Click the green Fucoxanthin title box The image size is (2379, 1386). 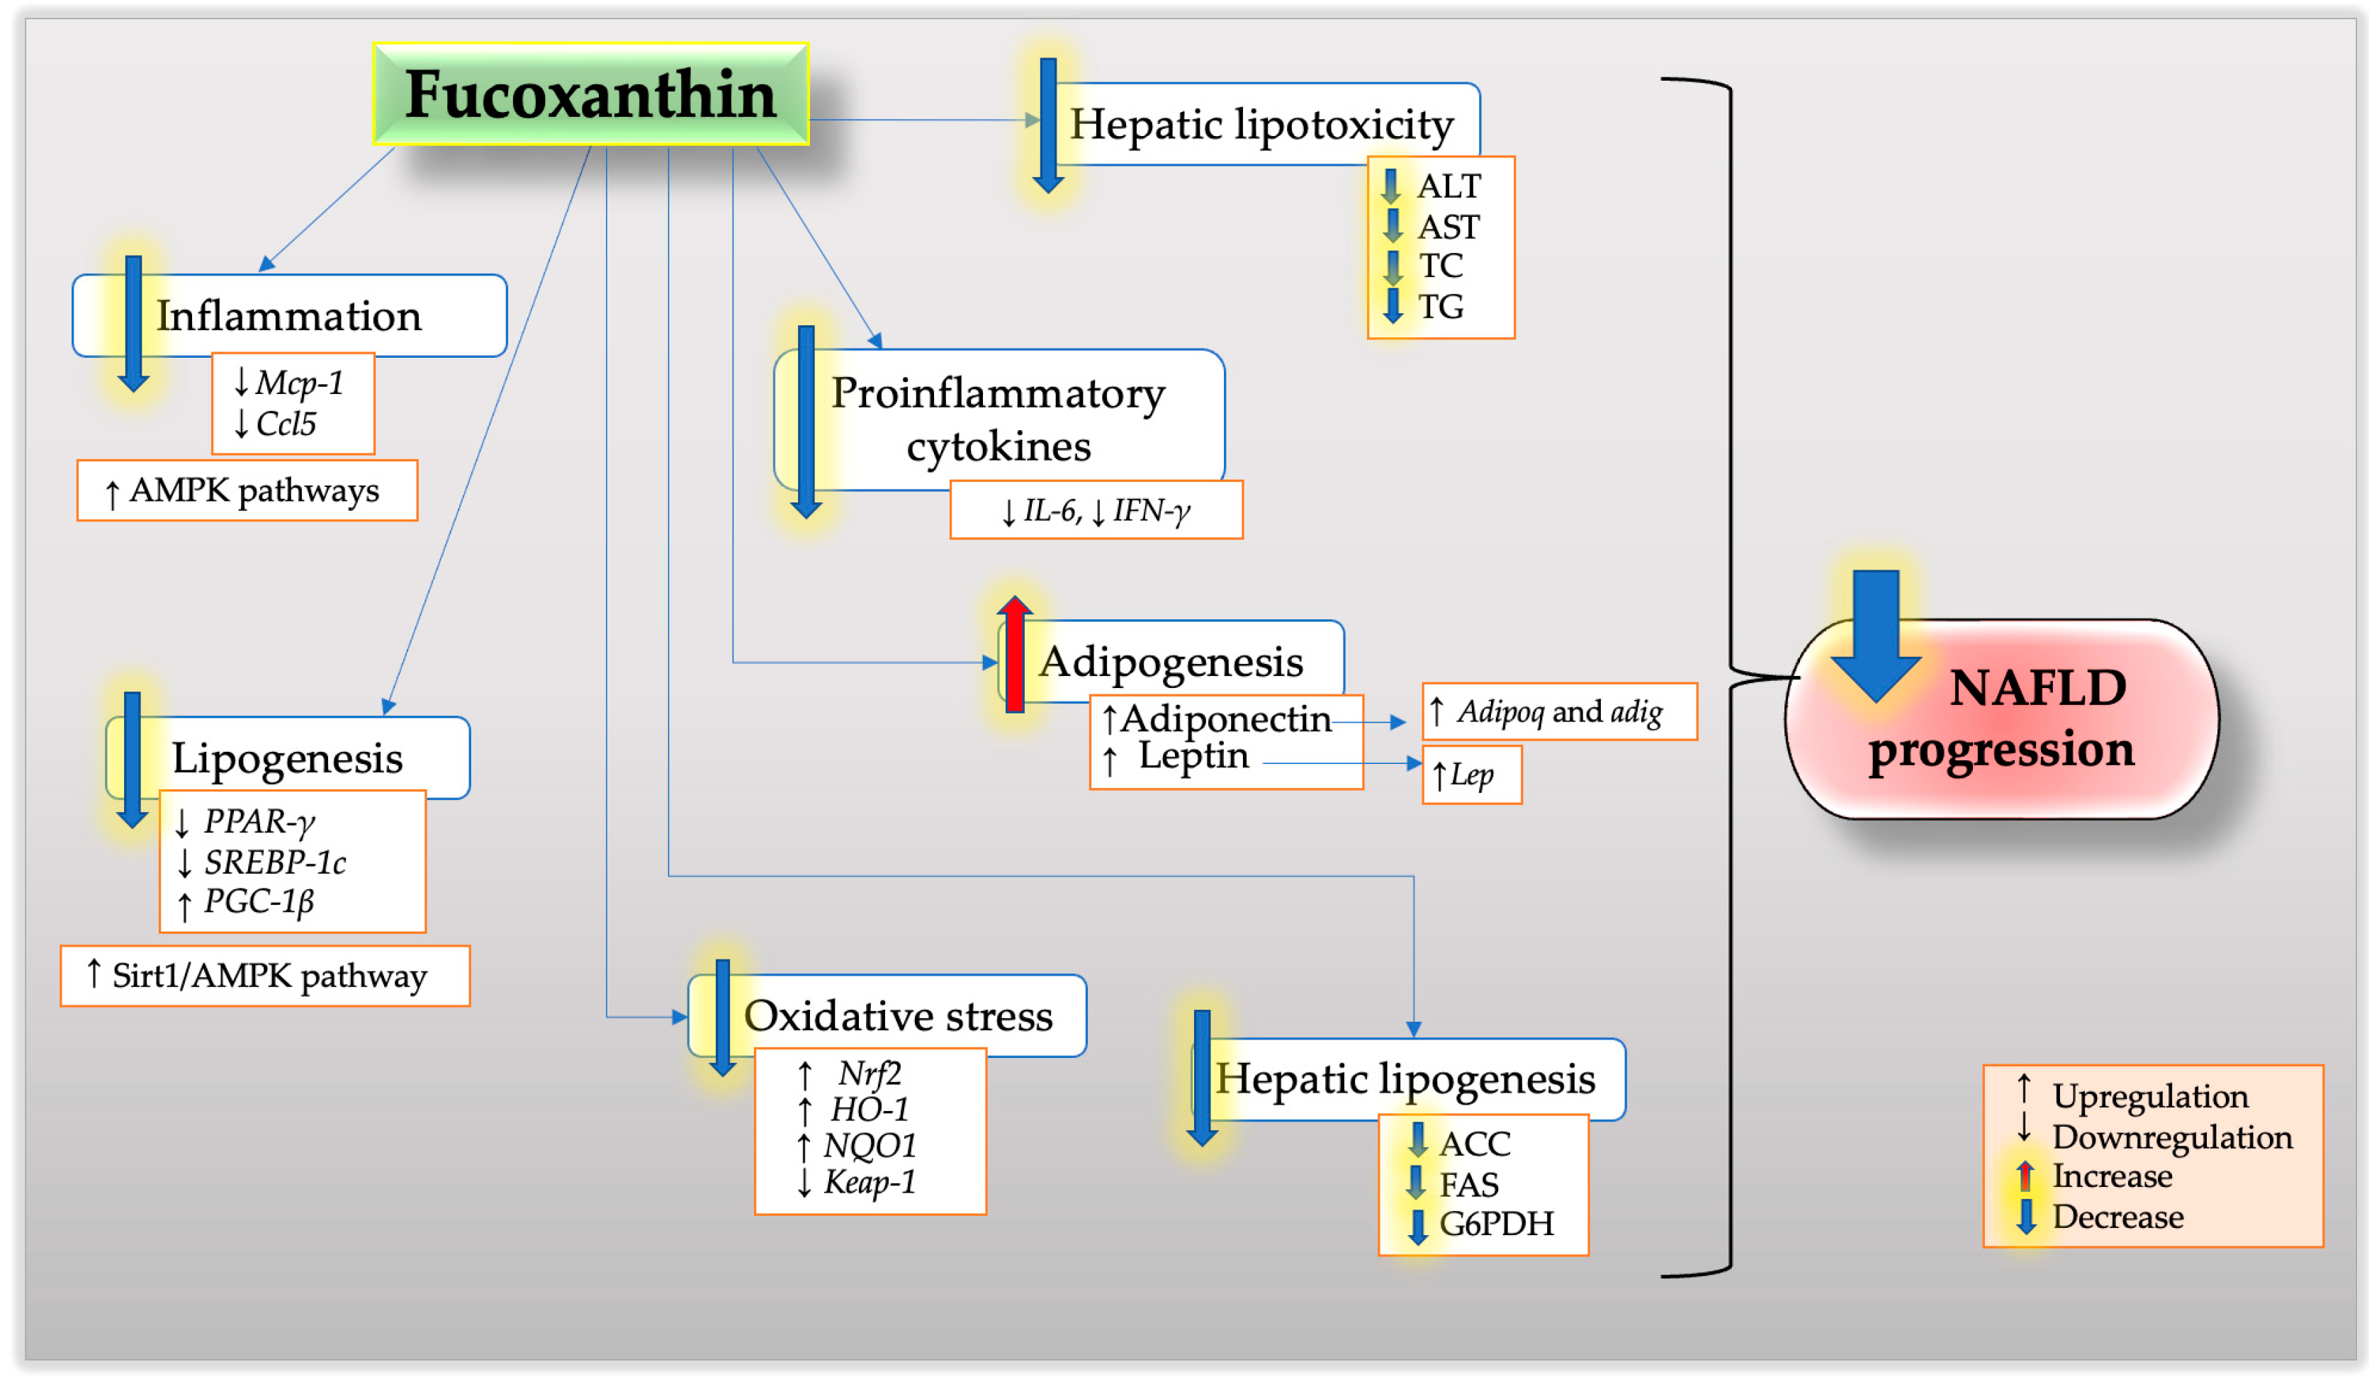[591, 94]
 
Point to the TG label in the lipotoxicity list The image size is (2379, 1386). [1441, 307]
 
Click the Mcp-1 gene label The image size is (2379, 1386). [299, 383]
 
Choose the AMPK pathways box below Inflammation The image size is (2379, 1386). [247, 491]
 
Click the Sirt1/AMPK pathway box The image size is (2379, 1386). [265, 976]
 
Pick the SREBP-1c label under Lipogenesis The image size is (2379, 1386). [275, 862]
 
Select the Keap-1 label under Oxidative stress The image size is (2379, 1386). [870, 1182]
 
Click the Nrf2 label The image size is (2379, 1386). [870, 1074]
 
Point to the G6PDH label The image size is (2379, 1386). [1496, 1224]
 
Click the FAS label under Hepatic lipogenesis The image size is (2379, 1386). [1469, 1185]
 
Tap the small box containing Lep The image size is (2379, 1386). [1472, 776]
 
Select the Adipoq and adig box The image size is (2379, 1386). [1560, 712]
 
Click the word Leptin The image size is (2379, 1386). [1193, 756]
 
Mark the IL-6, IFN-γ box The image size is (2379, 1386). [1096, 511]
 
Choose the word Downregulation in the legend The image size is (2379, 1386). [2172, 1138]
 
